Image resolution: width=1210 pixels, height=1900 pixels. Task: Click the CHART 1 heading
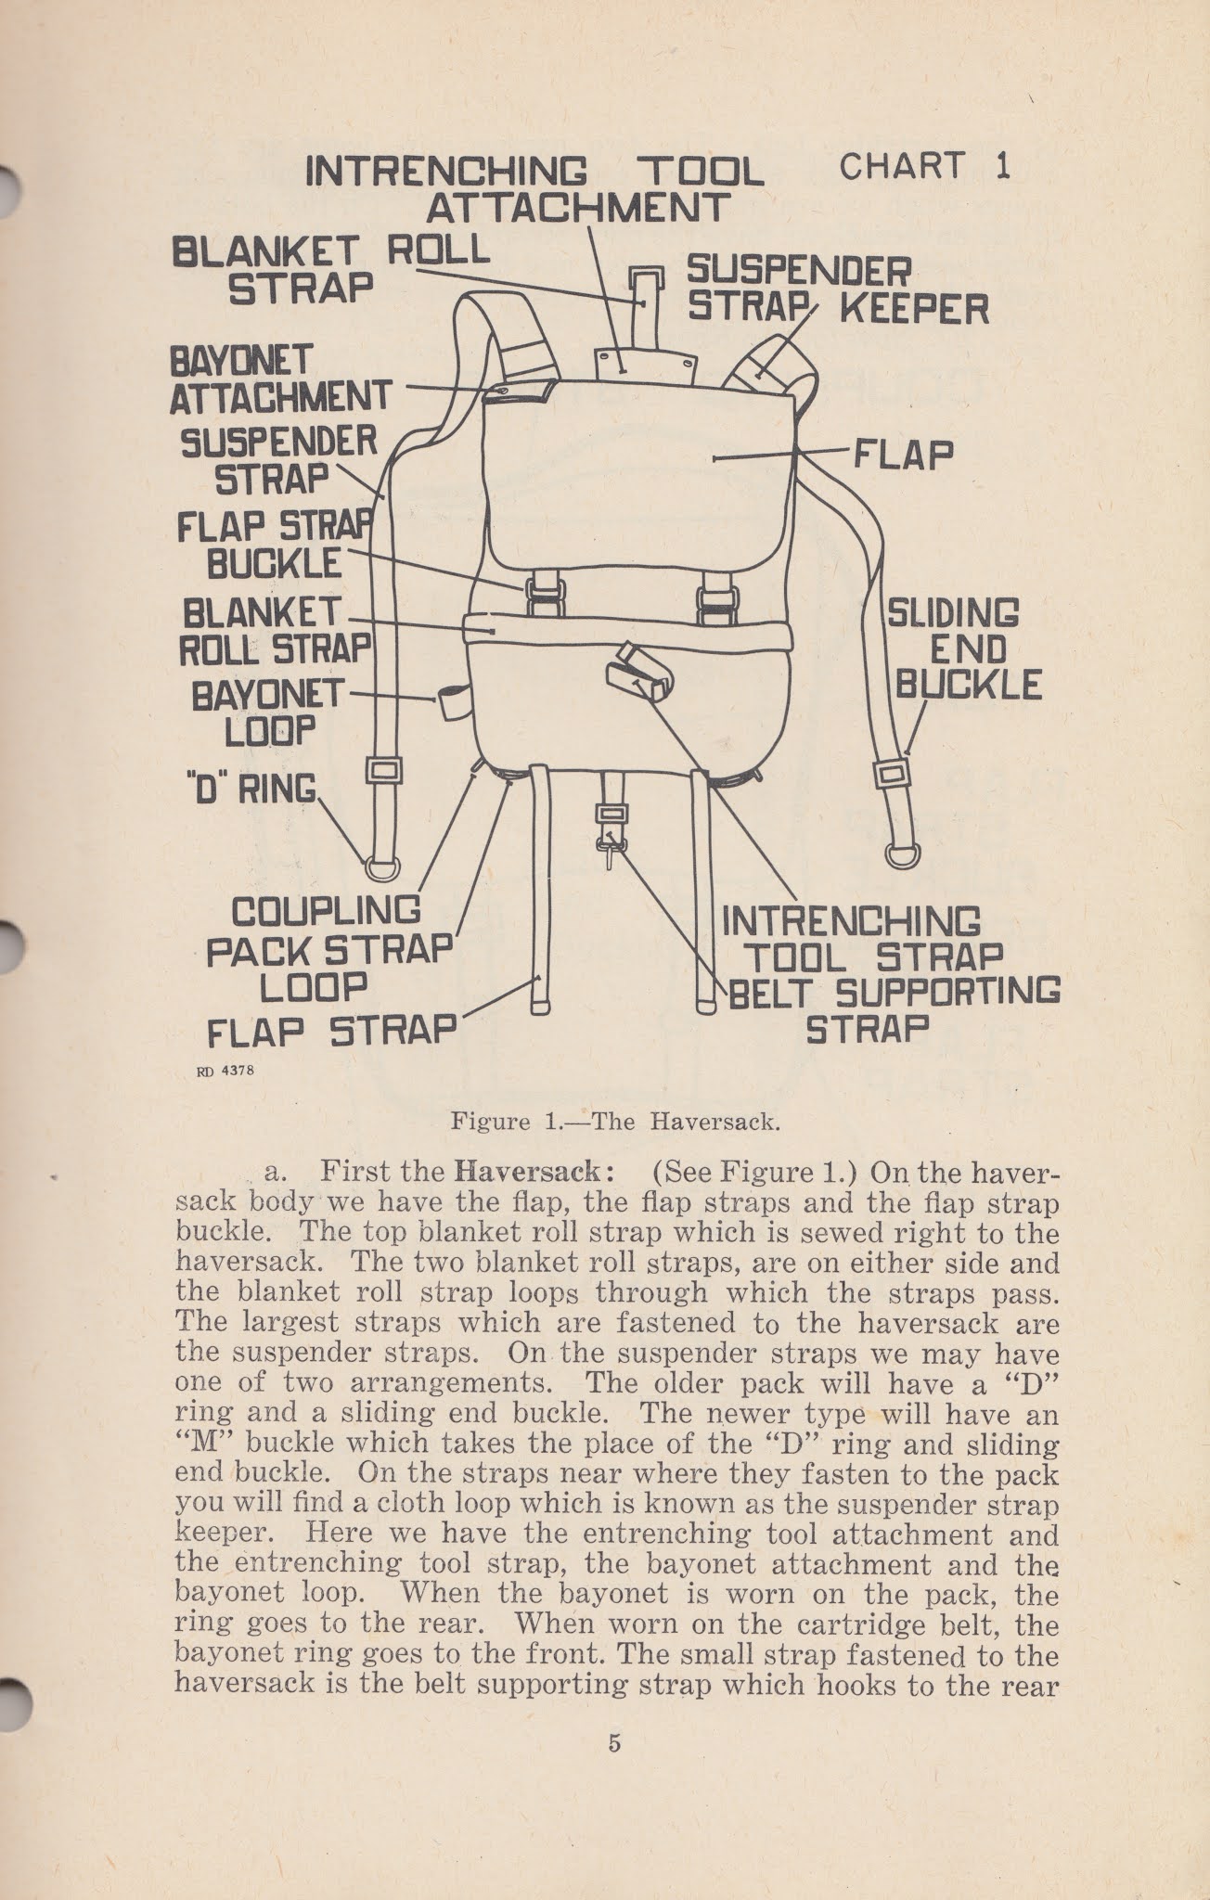923,167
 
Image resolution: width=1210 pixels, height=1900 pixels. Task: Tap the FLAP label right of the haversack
903,455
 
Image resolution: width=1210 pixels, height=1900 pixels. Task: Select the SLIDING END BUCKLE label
965,648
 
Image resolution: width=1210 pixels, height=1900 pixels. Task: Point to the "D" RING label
251,789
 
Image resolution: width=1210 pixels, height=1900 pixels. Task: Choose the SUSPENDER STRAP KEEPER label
837,289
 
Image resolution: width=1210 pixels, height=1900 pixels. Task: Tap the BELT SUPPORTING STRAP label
894,1008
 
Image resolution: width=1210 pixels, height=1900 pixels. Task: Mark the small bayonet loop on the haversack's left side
454,703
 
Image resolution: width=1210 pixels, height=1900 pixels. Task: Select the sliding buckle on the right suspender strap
892,774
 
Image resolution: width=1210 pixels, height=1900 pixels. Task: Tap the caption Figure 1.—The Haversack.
613,1122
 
